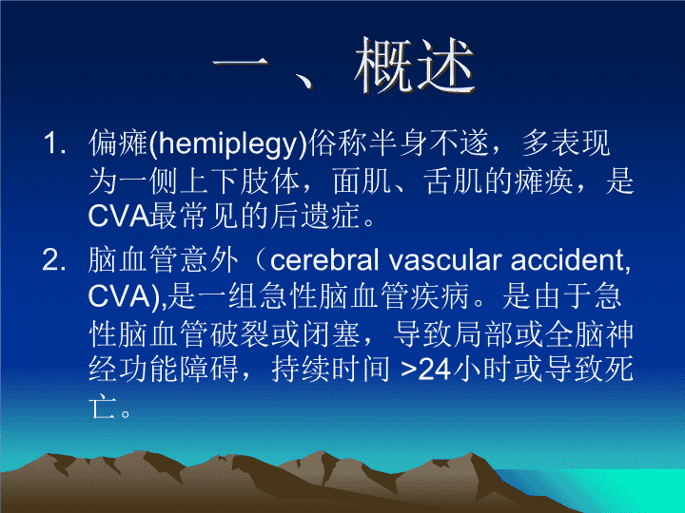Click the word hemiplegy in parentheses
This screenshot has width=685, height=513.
tap(227, 143)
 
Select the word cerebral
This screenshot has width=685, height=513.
tap(324, 260)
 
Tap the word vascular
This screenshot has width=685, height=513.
tap(444, 260)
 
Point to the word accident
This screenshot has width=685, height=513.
tap(568, 260)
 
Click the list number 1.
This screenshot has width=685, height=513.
tap(54, 143)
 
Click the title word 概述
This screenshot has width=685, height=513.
tap(414, 66)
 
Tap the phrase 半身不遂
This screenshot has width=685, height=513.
tap(429, 143)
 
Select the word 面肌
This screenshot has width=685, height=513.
tap(362, 181)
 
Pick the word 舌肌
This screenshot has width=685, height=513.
tap(453, 181)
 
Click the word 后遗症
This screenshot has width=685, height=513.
tap(315, 216)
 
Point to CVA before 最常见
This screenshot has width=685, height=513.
tap(119, 216)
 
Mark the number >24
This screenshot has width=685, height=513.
tap(425, 370)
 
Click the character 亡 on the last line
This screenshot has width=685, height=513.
tap(103, 407)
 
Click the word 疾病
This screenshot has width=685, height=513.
tap(440, 295)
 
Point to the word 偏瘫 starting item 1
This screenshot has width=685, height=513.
tap(118, 143)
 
